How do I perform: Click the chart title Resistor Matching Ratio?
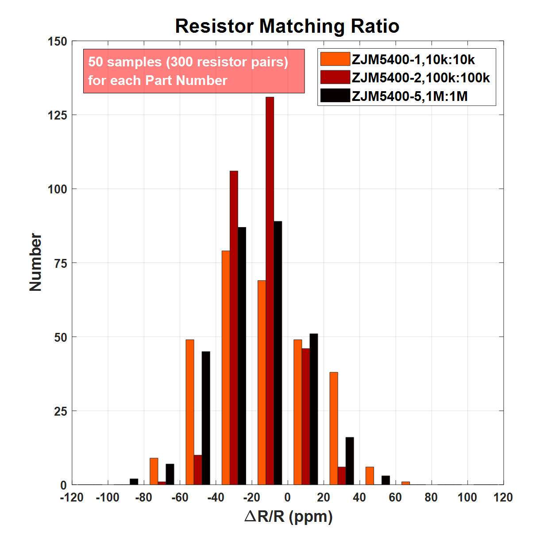click(x=287, y=26)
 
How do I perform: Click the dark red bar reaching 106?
click(x=234, y=328)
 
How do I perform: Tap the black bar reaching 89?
click(x=278, y=353)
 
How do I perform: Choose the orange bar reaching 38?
click(x=334, y=428)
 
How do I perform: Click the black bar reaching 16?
click(x=350, y=461)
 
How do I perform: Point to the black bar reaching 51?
click(x=313, y=409)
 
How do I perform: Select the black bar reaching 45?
click(x=206, y=418)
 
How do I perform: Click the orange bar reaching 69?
click(x=262, y=382)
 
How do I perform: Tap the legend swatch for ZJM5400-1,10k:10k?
click(x=335, y=59)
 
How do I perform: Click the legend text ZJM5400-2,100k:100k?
click(x=421, y=78)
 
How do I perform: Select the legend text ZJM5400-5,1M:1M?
click(x=409, y=96)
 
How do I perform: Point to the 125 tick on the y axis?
click(x=58, y=115)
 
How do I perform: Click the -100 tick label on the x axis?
click(x=108, y=498)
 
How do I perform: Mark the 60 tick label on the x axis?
click(x=395, y=498)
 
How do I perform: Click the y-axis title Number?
click(x=35, y=262)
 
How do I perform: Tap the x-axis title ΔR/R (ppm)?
click(x=288, y=516)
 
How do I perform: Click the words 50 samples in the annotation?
click(x=125, y=62)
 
